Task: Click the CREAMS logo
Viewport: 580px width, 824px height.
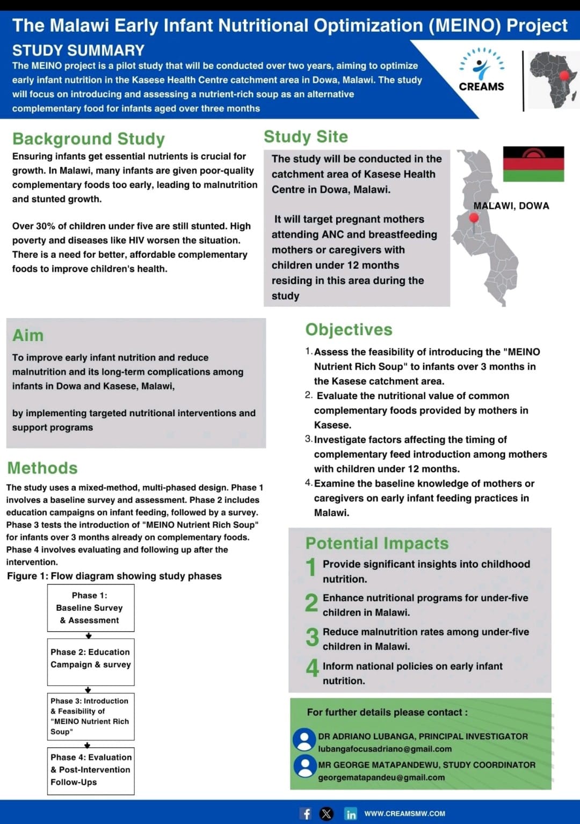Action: click(481, 70)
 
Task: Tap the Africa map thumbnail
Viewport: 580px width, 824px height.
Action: click(553, 79)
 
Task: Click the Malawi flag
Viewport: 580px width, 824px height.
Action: click(533, 164)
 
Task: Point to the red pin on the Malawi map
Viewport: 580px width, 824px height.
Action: click(474, 219)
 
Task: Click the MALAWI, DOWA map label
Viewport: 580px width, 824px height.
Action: click(511, 206)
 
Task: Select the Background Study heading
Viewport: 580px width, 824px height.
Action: click(89, 139)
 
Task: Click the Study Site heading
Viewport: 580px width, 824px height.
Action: click(306, 136)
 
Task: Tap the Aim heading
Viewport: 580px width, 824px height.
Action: click(28, 335)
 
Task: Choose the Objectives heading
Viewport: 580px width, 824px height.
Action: click(349, 329)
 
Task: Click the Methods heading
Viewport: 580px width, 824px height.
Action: click(42, 468)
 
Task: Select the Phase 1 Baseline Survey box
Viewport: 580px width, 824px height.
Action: click(90, 608)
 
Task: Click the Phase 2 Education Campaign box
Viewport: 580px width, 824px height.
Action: click(90, 662)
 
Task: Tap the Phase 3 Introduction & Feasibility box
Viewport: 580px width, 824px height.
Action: click(90, 717)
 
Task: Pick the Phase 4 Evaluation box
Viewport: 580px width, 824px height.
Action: click(90, 771)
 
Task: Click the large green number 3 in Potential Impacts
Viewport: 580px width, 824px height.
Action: click(312, 638)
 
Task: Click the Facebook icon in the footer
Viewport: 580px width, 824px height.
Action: click(306, 813)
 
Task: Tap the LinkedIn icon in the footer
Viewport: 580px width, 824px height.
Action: click(351, 814)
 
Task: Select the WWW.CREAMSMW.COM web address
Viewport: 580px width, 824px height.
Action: click(404, 813)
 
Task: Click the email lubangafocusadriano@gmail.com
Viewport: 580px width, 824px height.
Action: click(385, 749)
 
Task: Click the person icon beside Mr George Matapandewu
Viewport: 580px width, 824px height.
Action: click(305, 767)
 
